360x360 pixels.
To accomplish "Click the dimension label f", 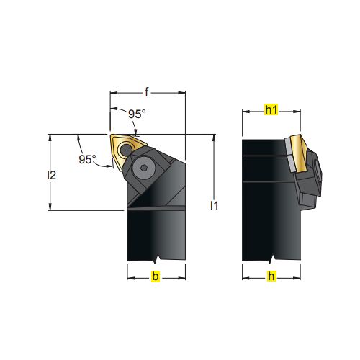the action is tap(147, 92).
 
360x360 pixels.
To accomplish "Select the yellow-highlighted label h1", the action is tap(271, 110).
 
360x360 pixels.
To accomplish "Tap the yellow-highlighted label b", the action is tap(156, 276).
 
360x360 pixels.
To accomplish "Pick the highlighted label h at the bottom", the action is tap(271, 276).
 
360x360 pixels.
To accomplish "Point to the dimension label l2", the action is tap(51, 176).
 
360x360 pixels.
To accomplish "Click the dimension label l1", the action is tap(214, 206).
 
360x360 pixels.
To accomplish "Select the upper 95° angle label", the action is tap(137, 114).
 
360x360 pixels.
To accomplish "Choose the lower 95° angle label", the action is tap(87, 159).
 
